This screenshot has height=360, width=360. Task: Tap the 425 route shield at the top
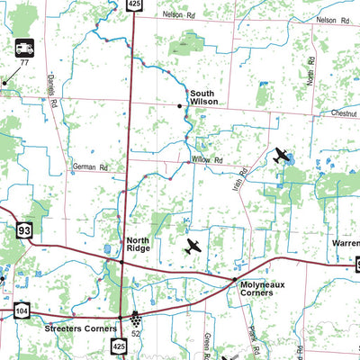coord(134,4)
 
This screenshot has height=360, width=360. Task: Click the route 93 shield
coord(23,231)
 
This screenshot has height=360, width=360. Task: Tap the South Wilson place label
coord(202,97)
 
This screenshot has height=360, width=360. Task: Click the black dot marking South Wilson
coord(180,106)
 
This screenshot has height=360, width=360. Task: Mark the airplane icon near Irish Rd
coord(281,155)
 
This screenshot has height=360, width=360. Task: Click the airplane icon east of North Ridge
coord(193,245)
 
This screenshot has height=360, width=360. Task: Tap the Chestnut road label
coord(342,114)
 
